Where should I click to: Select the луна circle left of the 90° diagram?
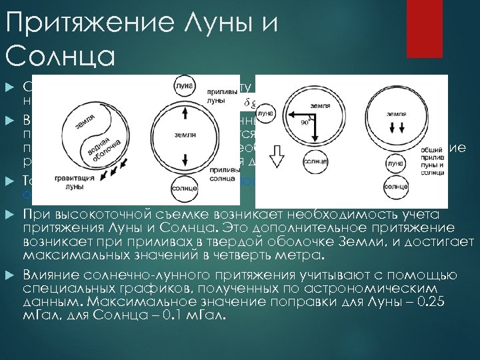pos(265,115)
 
